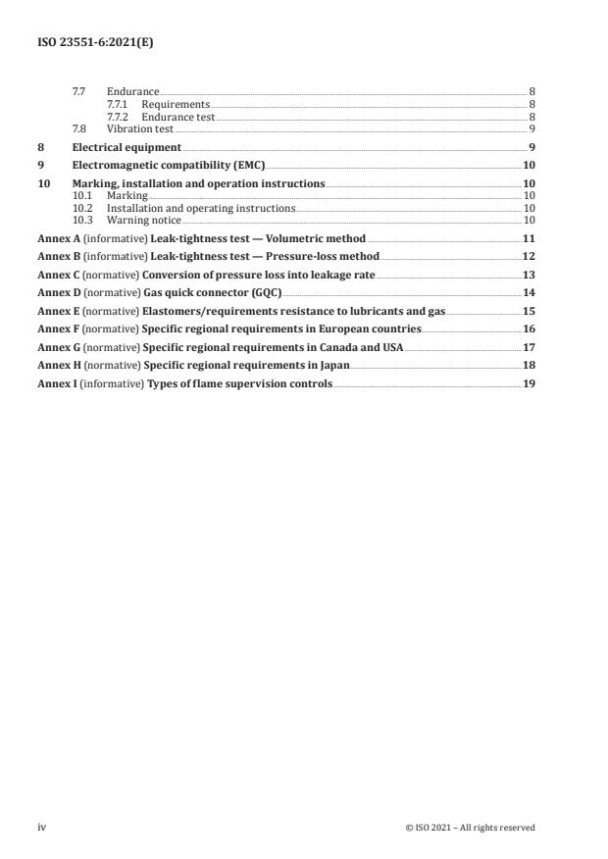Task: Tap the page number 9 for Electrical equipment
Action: pos(531,148)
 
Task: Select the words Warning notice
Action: pos(144,221)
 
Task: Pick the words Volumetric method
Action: pos(323,238)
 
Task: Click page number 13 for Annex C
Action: pos(529,276)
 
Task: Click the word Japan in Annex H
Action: pos(331,366)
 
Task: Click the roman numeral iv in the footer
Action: pos(42,828)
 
